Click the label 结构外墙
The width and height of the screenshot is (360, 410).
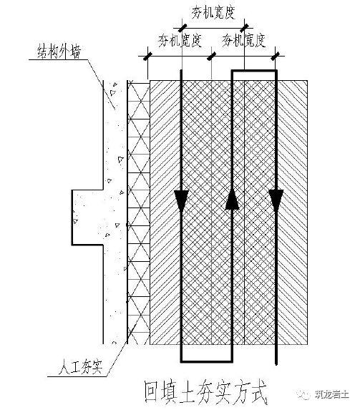click(64, 50)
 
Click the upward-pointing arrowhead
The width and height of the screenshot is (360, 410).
click(232, 201)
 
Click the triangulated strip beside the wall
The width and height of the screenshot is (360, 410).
click(135, 215)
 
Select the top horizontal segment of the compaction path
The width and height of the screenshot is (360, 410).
click(253, 71)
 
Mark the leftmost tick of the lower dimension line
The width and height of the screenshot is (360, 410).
click(147, 56)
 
